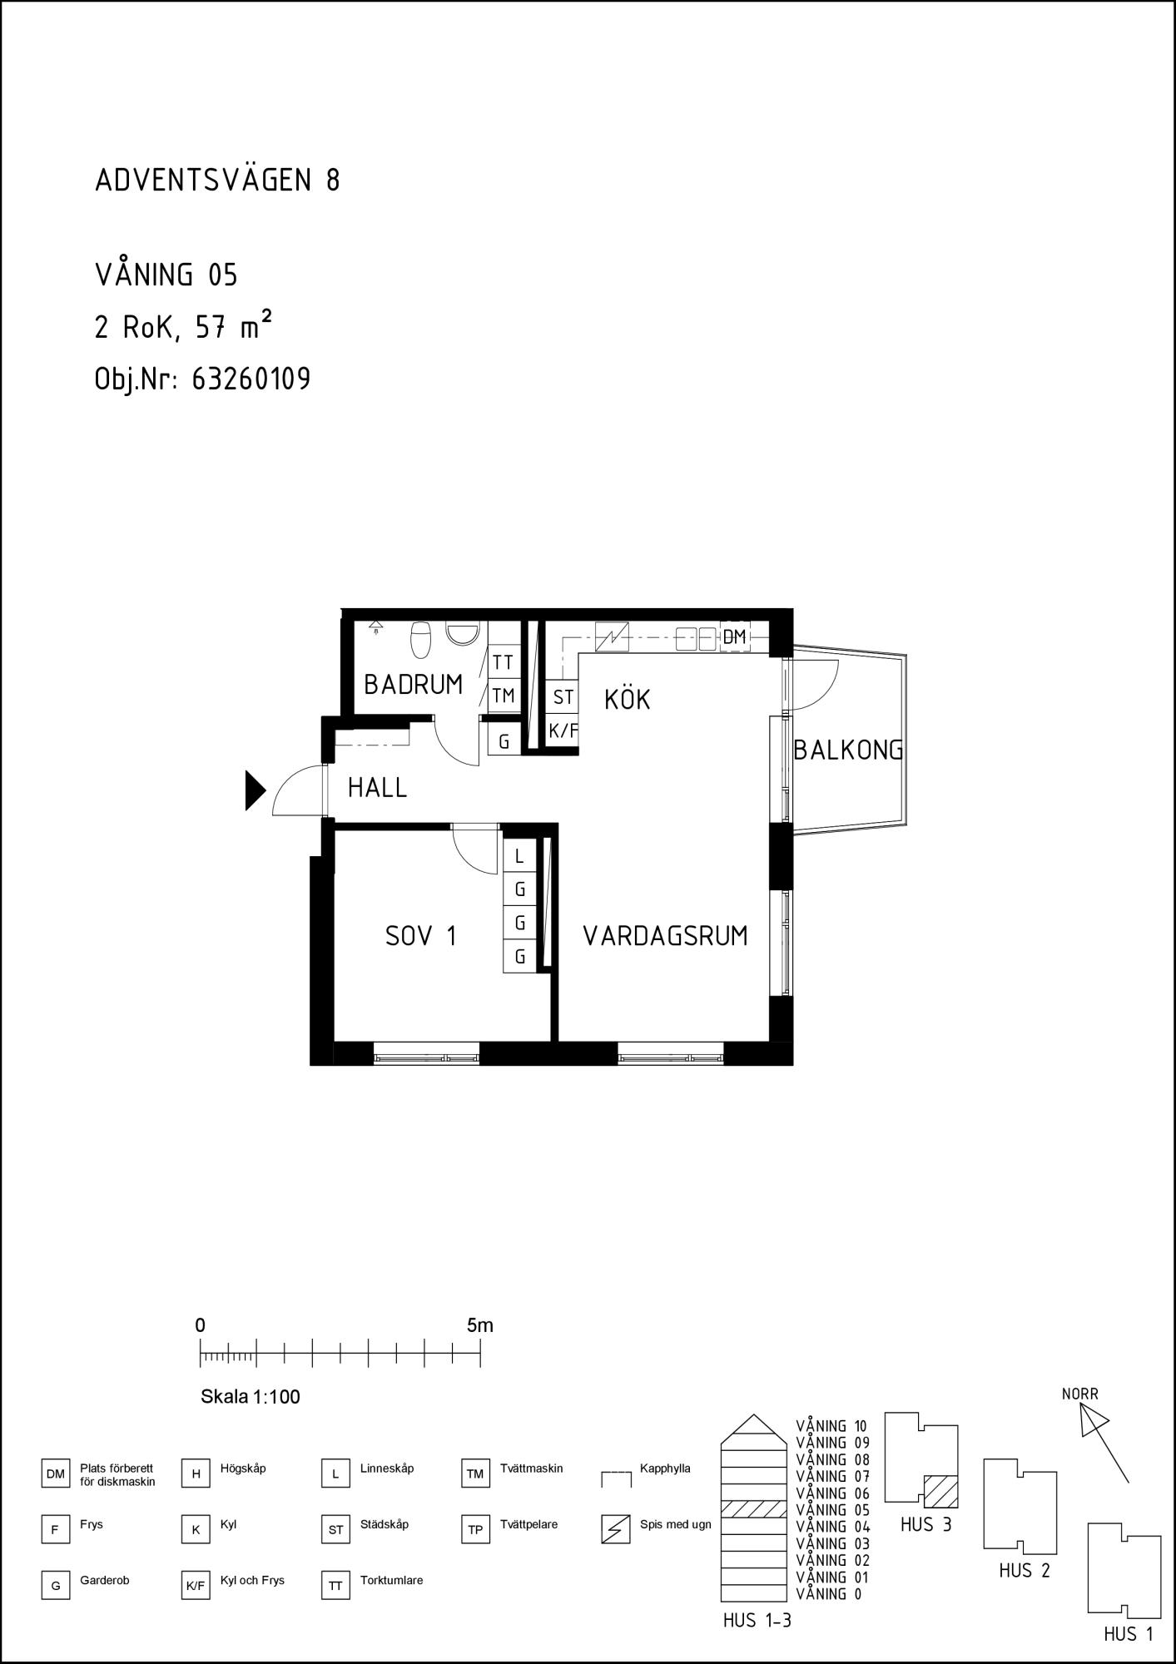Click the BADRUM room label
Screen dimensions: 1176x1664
[413, 685]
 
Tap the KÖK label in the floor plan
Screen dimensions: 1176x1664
[627, 699]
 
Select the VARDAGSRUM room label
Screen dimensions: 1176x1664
[665, 936]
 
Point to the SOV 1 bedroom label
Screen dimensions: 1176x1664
[421, 936]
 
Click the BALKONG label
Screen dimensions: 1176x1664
[848, 750]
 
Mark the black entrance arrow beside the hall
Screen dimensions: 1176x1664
[255, 790]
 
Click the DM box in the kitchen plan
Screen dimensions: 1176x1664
[734, 637]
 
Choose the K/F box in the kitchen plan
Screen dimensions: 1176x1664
[563, 731]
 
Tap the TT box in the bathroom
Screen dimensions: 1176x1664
[503, 662]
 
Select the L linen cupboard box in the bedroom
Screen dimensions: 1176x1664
[519, 856]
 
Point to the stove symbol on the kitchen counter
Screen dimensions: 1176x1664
[612, 637]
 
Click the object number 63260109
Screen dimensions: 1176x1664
[251, 379]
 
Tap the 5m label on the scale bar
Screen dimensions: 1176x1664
[480, 1325]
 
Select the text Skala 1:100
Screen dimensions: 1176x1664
[251, 1397]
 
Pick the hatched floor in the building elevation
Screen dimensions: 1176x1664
[754, 1508]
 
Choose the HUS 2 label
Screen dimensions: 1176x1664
[1025, 1571]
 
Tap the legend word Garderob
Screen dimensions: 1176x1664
[105, 1580]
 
